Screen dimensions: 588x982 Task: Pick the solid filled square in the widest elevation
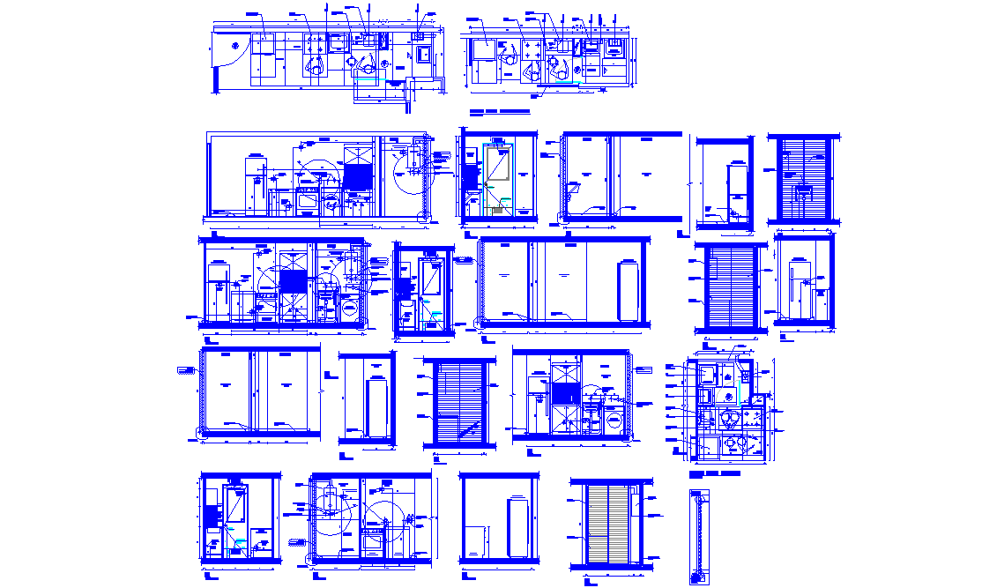(x=355, y=175)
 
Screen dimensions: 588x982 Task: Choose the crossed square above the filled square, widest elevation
(x=355, y=152)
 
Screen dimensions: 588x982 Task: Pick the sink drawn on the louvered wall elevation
(x=803, y=190)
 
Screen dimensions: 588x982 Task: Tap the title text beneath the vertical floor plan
(x=714, y=474)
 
